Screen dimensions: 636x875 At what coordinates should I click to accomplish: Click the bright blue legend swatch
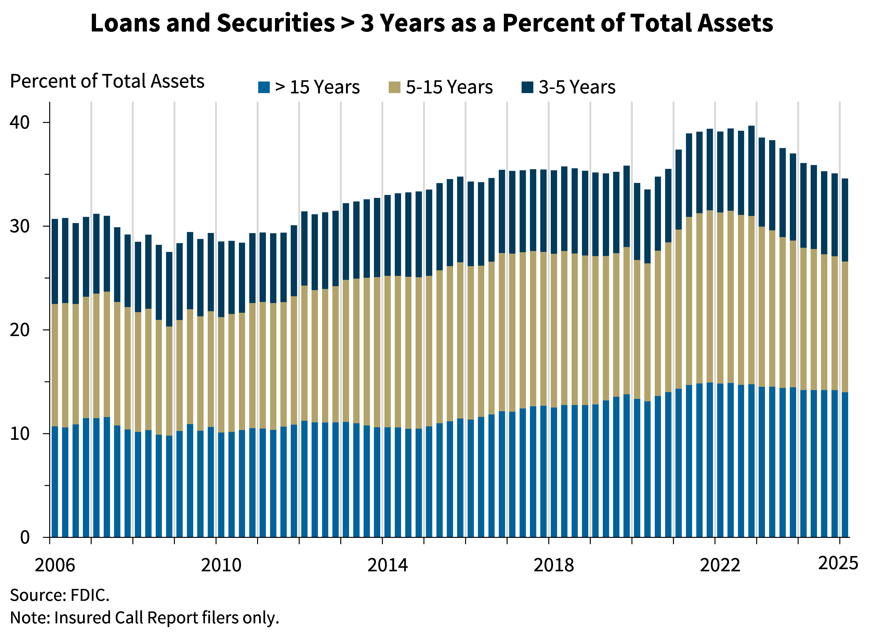[x=264, y=87]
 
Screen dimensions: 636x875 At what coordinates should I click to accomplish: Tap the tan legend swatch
[x=394, y=87]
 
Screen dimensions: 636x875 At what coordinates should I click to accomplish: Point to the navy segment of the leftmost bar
[x=55, y=261]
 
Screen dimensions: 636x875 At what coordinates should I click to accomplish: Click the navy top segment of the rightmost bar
[x=844, y=220]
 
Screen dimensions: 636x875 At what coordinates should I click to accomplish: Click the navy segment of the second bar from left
[x=65, y=261]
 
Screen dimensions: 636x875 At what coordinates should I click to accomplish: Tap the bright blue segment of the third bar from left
[x=76, y=480]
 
